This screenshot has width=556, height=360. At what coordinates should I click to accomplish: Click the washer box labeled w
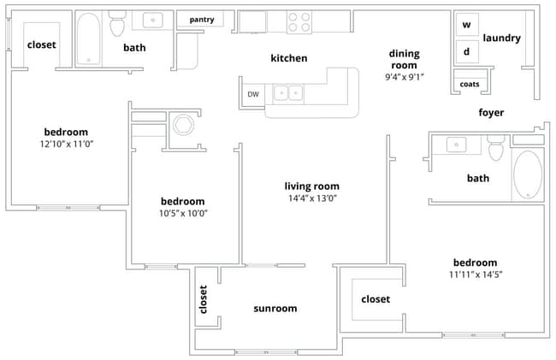pos(467,25)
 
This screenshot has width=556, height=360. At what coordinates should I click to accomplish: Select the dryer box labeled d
pos(467,50)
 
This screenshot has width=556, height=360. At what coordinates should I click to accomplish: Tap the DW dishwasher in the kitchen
pos(253,94)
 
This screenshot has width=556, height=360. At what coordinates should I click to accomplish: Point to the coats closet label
pos(470,84)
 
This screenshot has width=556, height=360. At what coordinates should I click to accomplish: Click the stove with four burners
pos(299,21)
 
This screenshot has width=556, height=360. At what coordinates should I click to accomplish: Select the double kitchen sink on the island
pos(287,92)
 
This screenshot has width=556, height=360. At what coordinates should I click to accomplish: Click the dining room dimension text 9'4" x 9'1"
pos(405,77)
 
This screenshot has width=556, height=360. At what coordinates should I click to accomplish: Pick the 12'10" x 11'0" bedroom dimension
pos(67,145)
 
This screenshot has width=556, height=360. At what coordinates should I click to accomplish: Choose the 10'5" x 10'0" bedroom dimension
pos(183,213)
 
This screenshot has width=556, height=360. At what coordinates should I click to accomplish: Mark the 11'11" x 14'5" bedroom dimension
pos(475,275)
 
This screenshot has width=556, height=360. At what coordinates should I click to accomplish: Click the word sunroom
pos(275,309)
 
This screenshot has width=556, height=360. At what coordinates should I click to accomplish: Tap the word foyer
pos(491,113)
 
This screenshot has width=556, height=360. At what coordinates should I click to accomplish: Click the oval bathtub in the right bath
pos(527,174)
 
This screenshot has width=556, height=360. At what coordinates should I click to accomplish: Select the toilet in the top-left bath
pos(117,26)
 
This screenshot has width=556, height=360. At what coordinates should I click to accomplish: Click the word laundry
pos(502,38)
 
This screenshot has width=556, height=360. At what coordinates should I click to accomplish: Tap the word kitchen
pos(288,58)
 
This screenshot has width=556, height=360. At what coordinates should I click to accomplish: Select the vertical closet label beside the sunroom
pos(204,300)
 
